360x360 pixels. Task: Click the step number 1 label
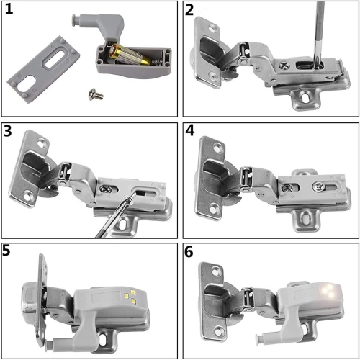11,11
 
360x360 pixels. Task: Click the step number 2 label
190,11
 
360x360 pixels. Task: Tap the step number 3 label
10,131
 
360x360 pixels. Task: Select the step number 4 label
190,131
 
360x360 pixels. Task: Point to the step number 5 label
10,252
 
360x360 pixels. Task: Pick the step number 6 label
190,252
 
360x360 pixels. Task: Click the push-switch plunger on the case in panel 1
75,20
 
